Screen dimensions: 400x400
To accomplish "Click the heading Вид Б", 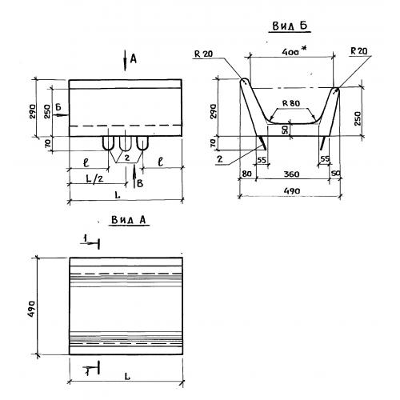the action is click(x=290, y=26).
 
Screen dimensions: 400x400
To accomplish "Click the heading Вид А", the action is click(x=129, y=220).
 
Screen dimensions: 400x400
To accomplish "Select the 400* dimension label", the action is click(x=294, y=51).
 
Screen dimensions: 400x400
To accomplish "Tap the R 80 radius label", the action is click(x=291, y=103).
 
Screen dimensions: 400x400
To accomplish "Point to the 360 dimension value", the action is click(x=291, y=174).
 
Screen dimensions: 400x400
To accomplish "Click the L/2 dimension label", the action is click(x=94, y=178).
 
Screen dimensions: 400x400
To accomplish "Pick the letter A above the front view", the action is click(x=133, y=58).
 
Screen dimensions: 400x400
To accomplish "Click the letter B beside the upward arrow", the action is click(x=140, y=183).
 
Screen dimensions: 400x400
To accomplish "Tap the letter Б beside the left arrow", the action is click(x=58, y=107).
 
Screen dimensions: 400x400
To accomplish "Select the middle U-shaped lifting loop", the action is click(x=126, y=144).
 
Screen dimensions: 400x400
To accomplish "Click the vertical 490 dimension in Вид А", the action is click(x=31, y=309).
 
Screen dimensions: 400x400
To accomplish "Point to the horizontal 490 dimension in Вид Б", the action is click(x=292, y=191).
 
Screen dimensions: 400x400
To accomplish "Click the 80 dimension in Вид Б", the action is click(x=246, y=174).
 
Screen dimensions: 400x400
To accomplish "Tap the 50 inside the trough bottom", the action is click(x=286, y=130).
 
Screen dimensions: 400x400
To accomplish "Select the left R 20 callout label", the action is click(x=203, y=54).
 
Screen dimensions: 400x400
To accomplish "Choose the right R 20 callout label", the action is click(x=359, y=51).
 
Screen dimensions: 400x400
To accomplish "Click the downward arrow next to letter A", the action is click(x=125, y=61).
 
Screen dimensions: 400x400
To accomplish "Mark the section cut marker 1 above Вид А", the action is click(x=91, y=242).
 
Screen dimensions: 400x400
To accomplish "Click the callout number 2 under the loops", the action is click(x=127, y=158).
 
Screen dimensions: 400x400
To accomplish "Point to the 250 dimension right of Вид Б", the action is click(x=358, y=118).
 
